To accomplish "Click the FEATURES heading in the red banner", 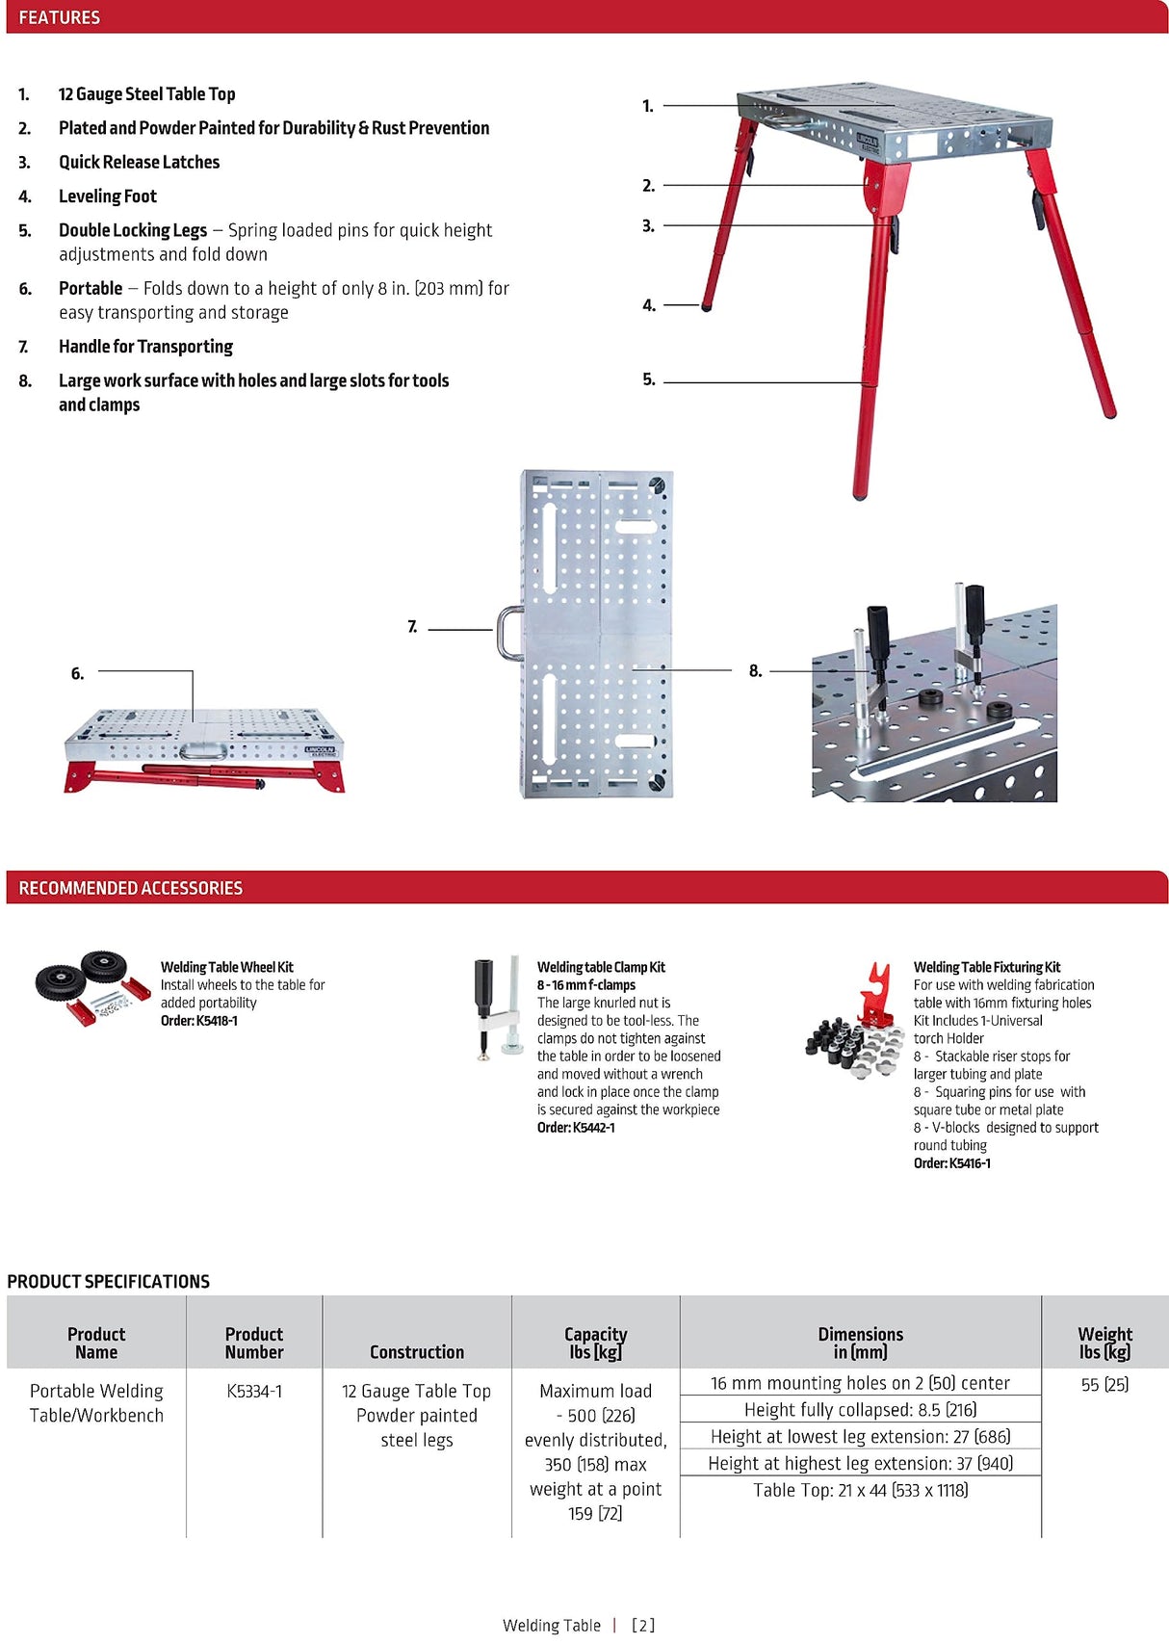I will pyautogui.click(x=59, y=17).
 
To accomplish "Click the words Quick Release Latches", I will pyautogui.click(x=139, y=162).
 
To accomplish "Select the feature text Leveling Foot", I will pyautogui.click(x=107, y=196).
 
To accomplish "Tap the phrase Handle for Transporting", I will pyautogui.click(x=145, y=347).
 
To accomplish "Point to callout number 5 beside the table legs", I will pyautogui.click(x=649, y=379).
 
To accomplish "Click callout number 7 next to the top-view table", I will pyautogui.click(x=412, y=627).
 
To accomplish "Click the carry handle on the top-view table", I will pyautogui.click(x=508, y=633).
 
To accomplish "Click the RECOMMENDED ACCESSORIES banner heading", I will pyautogui.click(x=130, y=888).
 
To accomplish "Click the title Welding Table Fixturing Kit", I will pyautogui.click(x=987, y=967).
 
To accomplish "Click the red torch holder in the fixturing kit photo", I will pyautogui.click(x=876, y=992).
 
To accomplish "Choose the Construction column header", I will pyautogui.click(x=417, y=1352).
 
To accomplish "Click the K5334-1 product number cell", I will pyautogui.click(x=254, y=1392).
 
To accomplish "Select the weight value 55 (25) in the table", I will pyautogui.click(x=1104, y=1385).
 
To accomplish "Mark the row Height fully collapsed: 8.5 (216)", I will pyautogui.click(x=860, y=1410).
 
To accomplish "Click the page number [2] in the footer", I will pyautogui.click(x=643, y=1626).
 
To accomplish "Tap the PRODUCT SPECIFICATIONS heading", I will pyautogui.click(x=108, y=1282).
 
